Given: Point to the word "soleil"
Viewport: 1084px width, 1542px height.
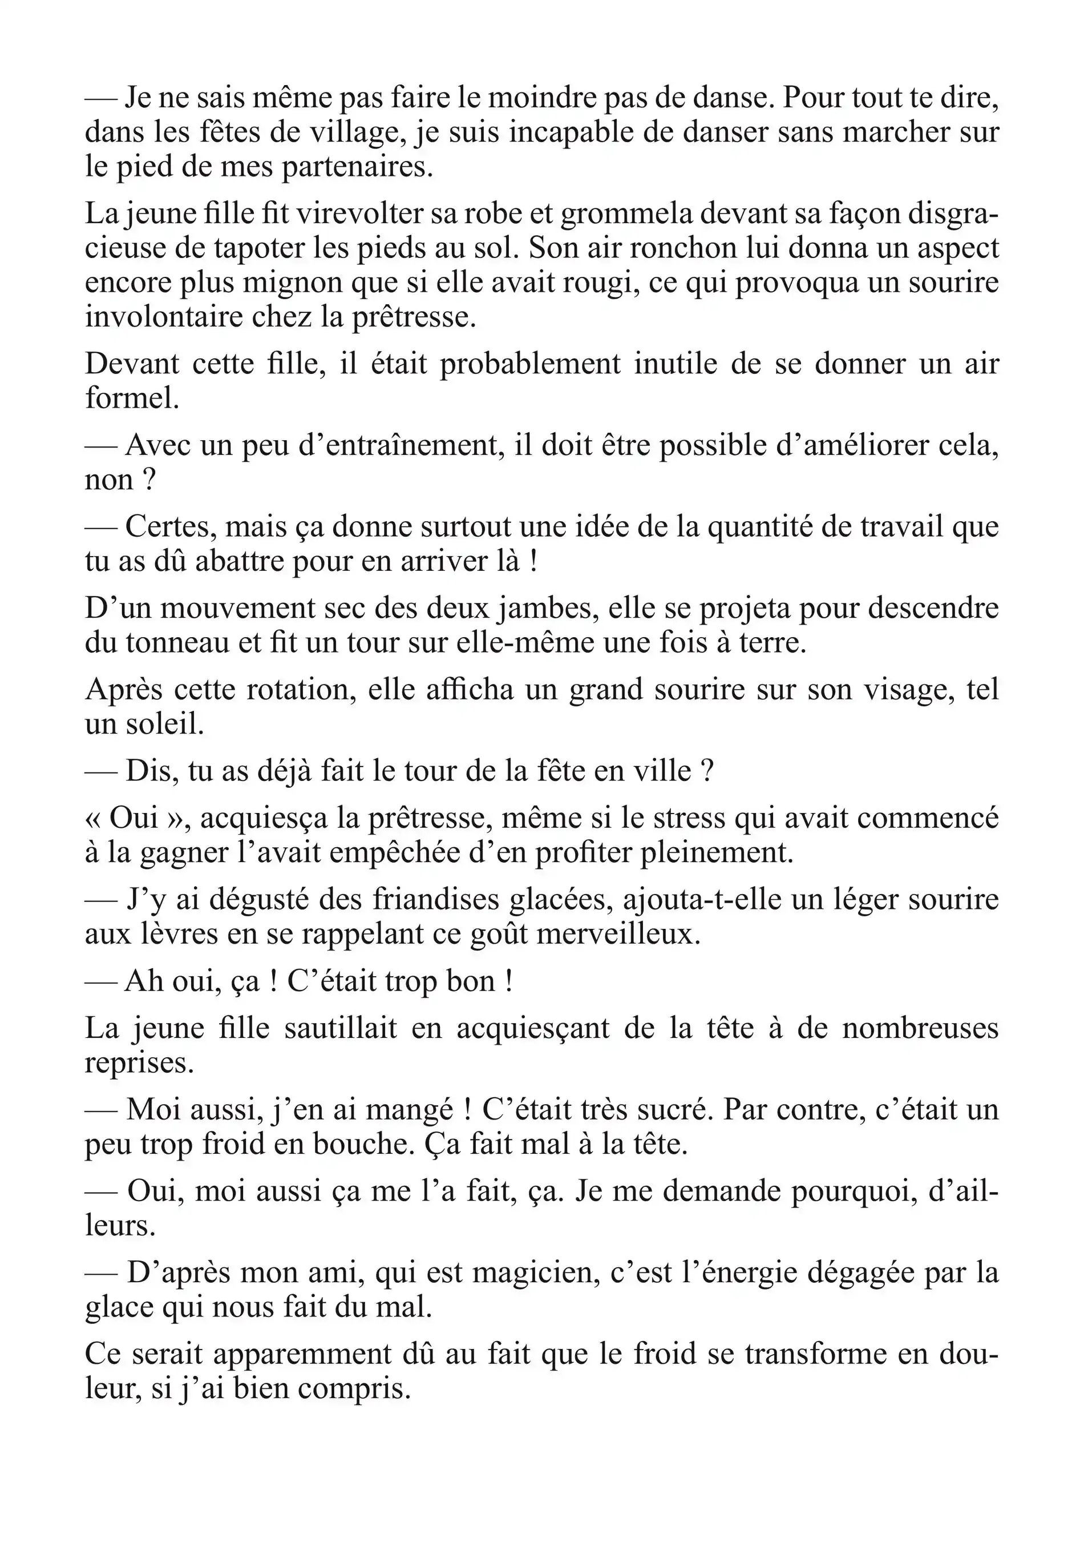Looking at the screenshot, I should point(167,724).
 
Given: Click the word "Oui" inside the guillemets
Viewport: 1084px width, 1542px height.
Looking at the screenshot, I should point(134,818).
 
